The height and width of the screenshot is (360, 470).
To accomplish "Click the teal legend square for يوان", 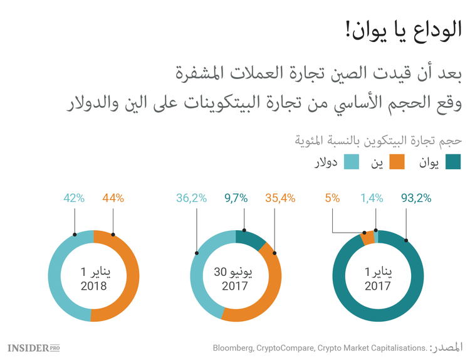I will [453, 163].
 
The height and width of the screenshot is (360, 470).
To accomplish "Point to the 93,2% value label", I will [415, 198].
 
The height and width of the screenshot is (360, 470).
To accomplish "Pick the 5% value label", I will [332, 198].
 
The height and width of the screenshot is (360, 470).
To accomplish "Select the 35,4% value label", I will [280, 198].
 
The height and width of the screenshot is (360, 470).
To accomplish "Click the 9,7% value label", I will [236, 198].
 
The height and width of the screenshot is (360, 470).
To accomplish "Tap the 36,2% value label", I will [192, 198].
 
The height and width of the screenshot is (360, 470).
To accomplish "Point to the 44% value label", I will [113, 198].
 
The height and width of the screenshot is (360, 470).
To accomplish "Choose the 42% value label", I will [74, 198].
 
